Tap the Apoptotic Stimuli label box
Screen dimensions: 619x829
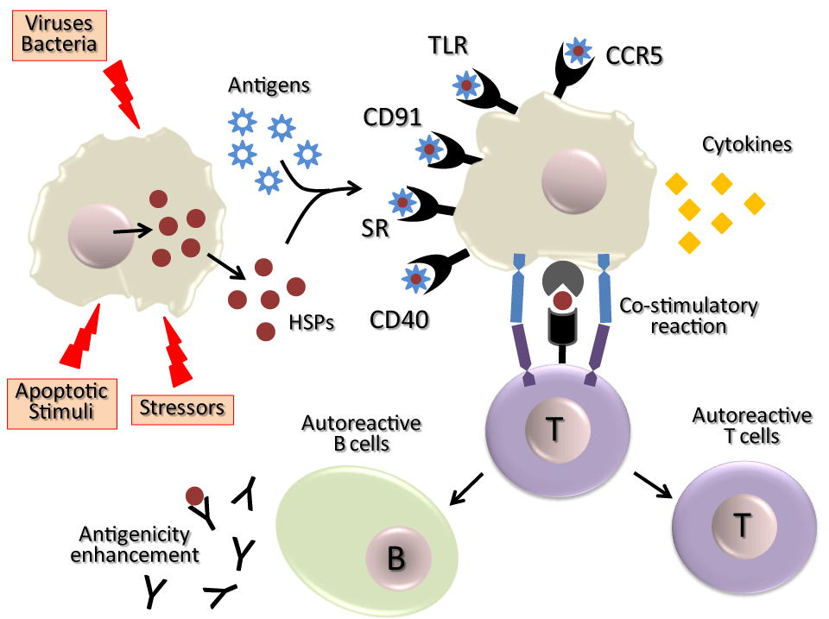(x=61, y=400)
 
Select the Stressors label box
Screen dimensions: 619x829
(x=182, y=406)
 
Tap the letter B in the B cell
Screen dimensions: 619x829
(x=396, y=559)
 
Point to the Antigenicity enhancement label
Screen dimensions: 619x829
(x=135, y=544)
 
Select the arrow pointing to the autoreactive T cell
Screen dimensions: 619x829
(x=654, y=484)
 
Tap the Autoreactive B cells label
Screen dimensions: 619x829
(x=361, y=433)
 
